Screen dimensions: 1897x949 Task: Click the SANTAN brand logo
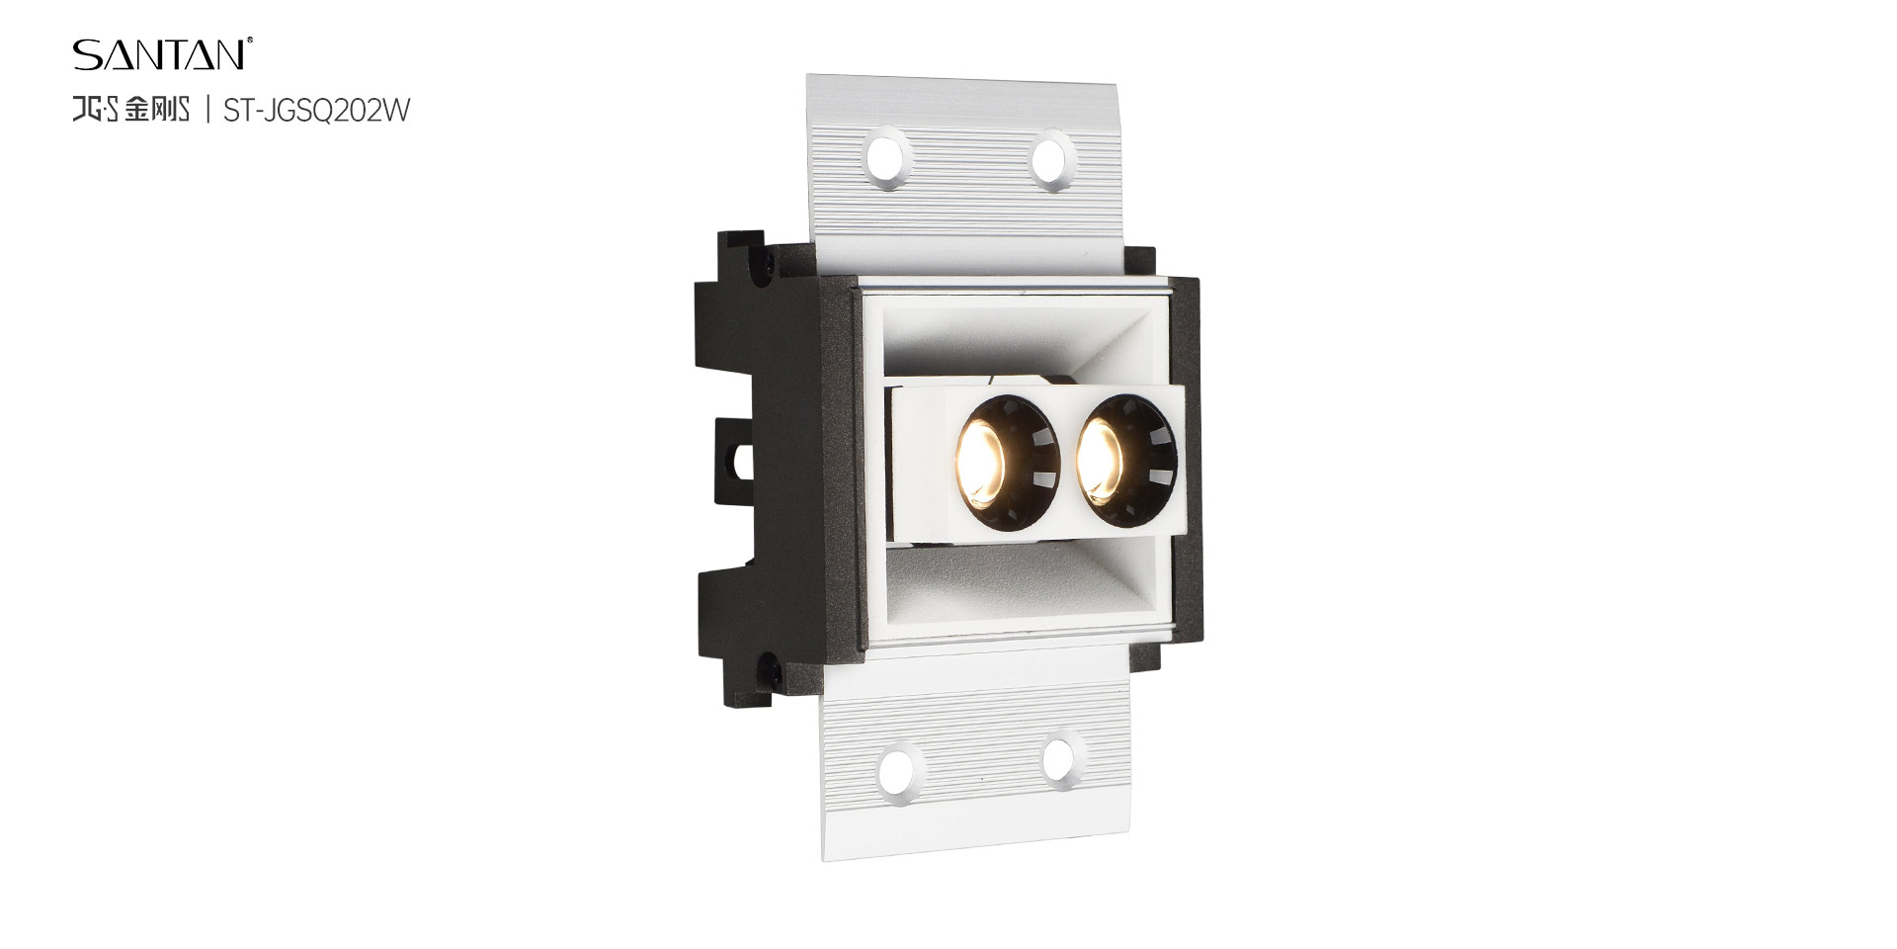[159, 54]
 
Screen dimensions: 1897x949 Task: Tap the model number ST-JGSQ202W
[316, 111]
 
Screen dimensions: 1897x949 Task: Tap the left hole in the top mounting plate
[889, 156]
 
